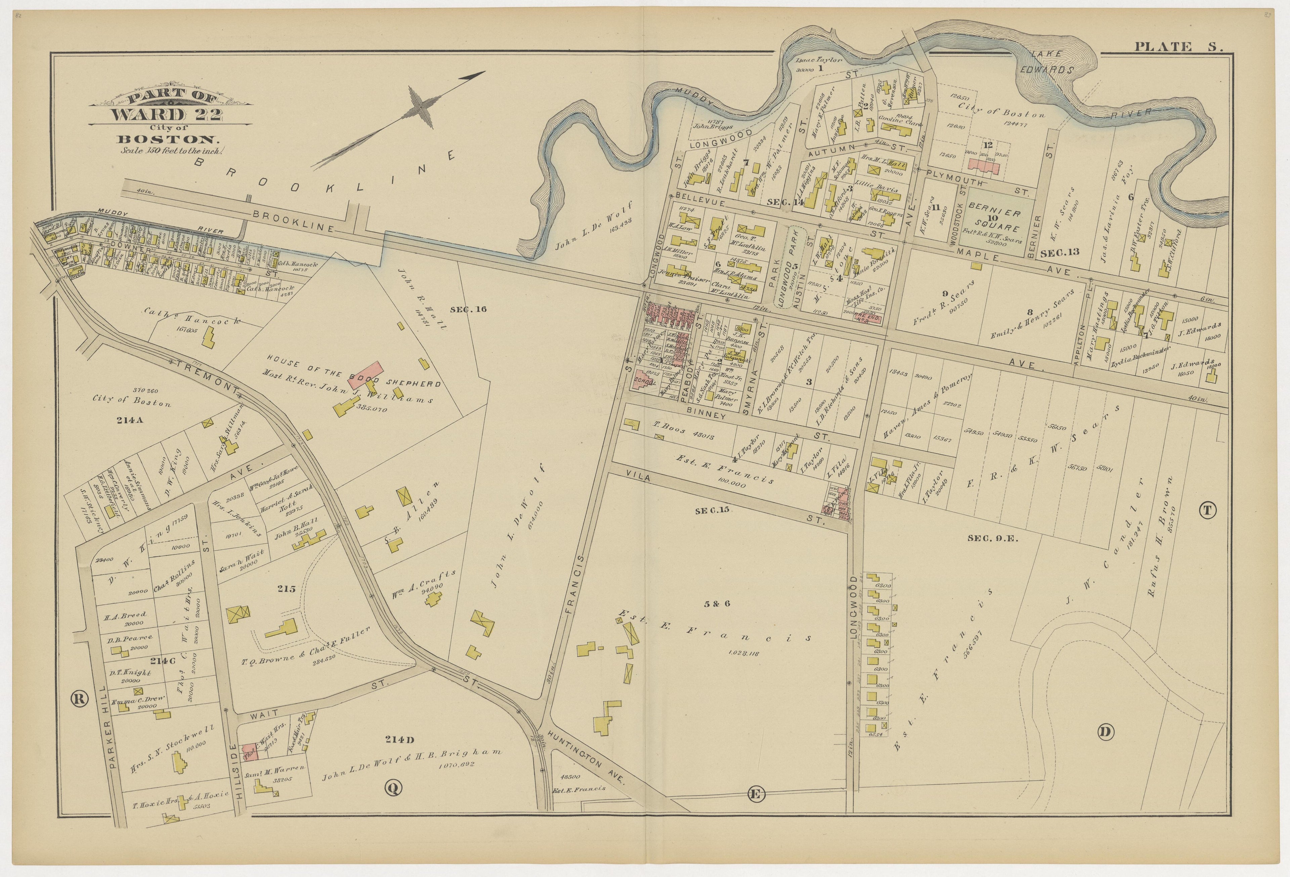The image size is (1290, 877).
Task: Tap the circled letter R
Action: [79, 699]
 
